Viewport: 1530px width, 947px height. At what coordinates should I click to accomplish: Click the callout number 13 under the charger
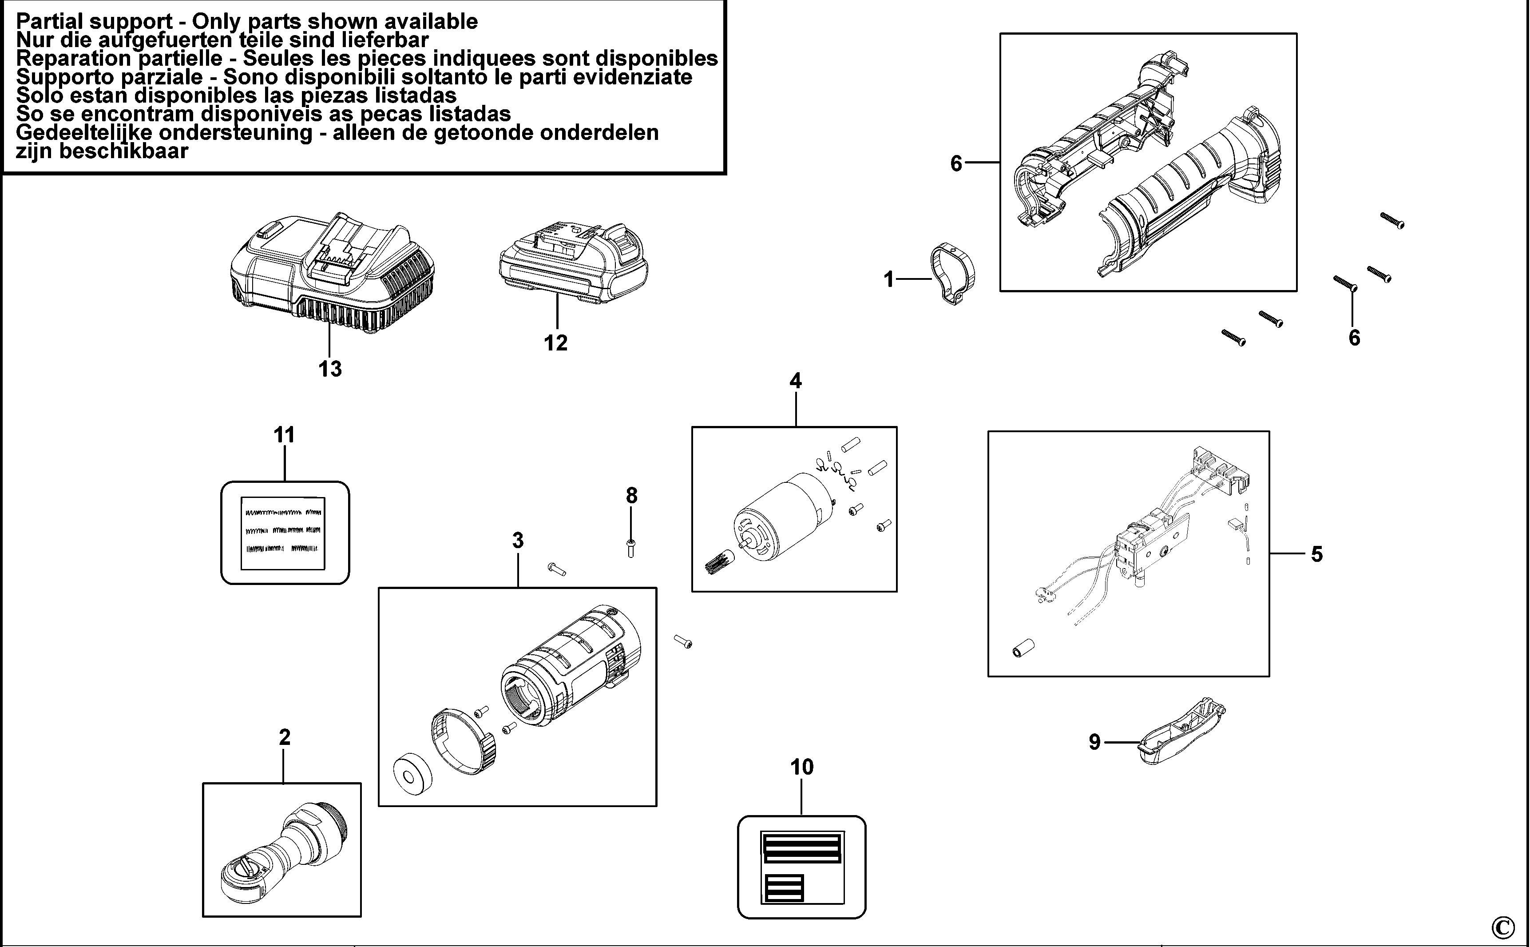tap(330, 369)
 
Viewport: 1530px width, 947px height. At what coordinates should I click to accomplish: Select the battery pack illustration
tap(573, 263)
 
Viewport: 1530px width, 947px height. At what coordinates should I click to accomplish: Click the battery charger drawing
tap(332, 269)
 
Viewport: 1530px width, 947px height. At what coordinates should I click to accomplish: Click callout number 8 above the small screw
tap(631, 495)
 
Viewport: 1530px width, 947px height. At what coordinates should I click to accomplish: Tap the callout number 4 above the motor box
tap(795, 380)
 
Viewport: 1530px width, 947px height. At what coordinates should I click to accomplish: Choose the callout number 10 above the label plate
tap(801, 767)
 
